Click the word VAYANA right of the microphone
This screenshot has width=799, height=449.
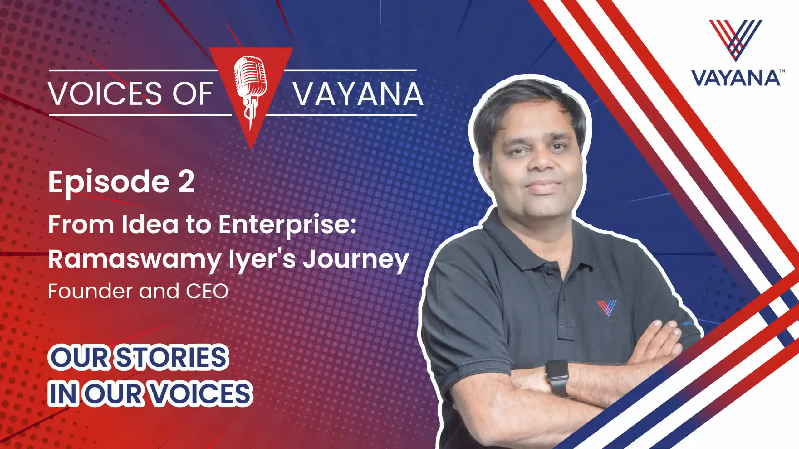[x=358, y=94]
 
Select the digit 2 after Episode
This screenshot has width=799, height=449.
[x=186, y=181]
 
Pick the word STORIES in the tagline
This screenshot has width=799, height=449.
[x=171, y=357]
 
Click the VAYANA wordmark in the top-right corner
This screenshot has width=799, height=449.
[x=735, y=78]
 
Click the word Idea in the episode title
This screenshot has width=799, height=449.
[x=150, y=224]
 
